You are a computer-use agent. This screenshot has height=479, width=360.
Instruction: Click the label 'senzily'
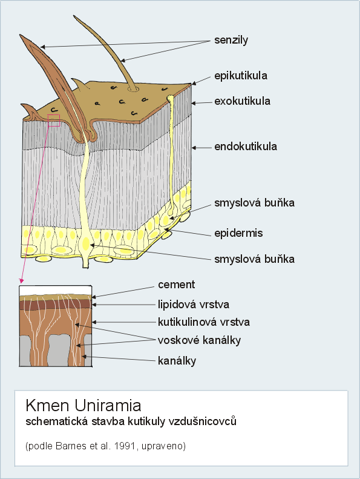(231, 40)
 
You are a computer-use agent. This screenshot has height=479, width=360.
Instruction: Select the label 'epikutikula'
(241, 76)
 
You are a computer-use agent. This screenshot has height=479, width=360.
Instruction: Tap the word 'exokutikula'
(242, 101)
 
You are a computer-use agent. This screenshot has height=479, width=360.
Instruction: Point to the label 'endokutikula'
(246, 147)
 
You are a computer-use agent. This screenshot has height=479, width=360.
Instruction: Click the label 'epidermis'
(238, 233)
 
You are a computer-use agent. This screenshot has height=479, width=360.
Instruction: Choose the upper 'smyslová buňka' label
(254, 202)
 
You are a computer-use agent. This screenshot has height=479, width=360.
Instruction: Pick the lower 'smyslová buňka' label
(254, 259)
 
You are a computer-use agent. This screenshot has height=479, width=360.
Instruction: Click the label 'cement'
(176, 285)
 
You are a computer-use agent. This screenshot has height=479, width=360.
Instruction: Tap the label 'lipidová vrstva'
(193, 304)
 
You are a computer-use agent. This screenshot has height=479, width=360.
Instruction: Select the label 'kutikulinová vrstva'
(204, 322)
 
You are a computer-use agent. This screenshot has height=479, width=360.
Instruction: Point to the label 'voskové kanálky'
(199, 340)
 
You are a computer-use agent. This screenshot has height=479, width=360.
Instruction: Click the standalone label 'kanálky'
(177, 361)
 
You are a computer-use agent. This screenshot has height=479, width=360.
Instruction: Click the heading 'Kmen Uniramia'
(83, 405)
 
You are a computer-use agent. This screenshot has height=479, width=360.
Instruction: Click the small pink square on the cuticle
(54, 120)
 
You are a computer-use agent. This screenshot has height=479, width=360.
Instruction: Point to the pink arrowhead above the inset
(21, 281)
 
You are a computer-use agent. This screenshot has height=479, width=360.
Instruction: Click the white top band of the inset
(55, 291)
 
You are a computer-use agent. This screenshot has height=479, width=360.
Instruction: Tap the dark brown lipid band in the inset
(55, 304)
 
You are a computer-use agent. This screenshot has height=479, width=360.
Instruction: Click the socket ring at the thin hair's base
(134, 89)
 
